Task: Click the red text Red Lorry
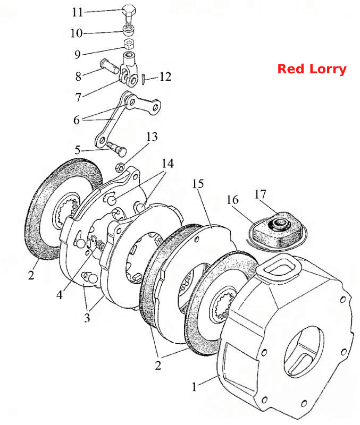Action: click(312, 69)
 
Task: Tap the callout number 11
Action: click(77, 12)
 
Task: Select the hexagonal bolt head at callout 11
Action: click(129, 10)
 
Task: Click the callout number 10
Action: click(76, 33)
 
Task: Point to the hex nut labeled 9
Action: click(128, 44)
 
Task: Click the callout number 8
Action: click(78, 76)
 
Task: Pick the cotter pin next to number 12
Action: click(144, 78)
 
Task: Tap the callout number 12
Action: click(165, 76)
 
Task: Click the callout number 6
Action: click(77, 120)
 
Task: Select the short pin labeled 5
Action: click(116, 148)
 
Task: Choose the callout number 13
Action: click(152, 137)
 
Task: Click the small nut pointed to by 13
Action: click(120, 167)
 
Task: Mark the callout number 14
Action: click(168, 164)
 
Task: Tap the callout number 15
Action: click(198, 184)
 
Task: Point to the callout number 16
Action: click(232, 200)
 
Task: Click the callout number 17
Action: click(261, 194)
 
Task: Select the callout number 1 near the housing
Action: click(194, 387)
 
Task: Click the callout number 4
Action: click(60, 295)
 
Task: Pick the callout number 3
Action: click(87, 317)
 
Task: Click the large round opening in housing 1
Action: click(304, 351)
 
